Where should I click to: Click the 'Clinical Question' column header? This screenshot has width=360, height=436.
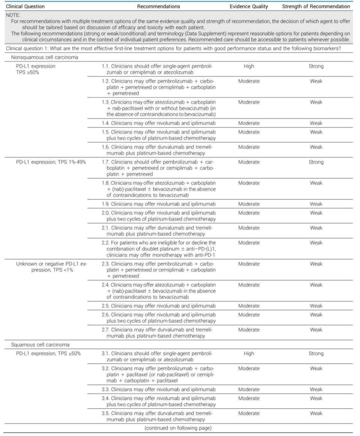[25, 6]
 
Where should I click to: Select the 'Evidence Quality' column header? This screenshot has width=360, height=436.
[249, 6]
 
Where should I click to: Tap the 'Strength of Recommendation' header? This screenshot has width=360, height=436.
[316, 6]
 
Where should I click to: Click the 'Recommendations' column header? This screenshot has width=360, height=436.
[158, 6]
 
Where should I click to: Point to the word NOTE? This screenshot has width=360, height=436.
[13, 16]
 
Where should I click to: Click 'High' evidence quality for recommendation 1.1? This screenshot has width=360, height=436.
[249, 66]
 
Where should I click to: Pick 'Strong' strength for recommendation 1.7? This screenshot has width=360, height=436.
[316, 162]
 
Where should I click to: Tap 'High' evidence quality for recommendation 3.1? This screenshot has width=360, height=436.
[249, 354]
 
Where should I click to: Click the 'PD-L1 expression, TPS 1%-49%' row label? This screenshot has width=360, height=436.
[51, 162]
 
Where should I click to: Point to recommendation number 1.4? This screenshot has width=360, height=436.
[105, 123]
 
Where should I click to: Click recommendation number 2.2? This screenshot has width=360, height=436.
[105, 243]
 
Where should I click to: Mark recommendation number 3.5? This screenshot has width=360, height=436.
[105, 414]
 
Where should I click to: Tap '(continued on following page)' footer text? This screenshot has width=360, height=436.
[178, 428]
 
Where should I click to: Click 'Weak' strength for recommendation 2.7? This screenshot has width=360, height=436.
[316, 330]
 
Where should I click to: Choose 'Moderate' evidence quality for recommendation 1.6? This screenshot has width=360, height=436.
[249, 147]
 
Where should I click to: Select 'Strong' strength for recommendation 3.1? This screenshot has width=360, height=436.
[316, 354]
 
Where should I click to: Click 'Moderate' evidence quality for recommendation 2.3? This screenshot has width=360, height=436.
[249, 264]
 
